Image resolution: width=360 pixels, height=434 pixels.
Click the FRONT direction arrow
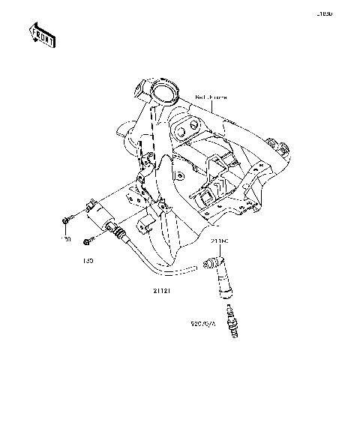click(41, 34)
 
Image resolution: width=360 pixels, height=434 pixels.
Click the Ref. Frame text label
click(211, 97)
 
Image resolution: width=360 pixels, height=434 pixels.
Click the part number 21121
click(162, 288)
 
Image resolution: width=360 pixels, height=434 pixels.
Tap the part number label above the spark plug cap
click(219, 241)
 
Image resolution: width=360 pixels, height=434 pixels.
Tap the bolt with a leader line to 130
click(66, 220)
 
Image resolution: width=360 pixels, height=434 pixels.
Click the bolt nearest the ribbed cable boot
click(88, 241)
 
